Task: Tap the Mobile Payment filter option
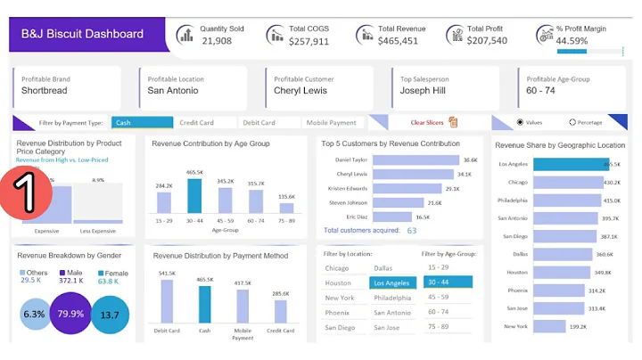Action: point(331,123)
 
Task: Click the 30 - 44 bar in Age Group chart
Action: point(194,195)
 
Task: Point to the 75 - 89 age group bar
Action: point(286,208)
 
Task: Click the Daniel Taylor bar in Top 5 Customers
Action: point(415,160)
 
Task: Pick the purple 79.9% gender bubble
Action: point(70,314)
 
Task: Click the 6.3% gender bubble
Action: point(35,314)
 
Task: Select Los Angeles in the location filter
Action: point(392,282)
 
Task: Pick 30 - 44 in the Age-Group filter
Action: point(448,282)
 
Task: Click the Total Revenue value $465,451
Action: point(398,41)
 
